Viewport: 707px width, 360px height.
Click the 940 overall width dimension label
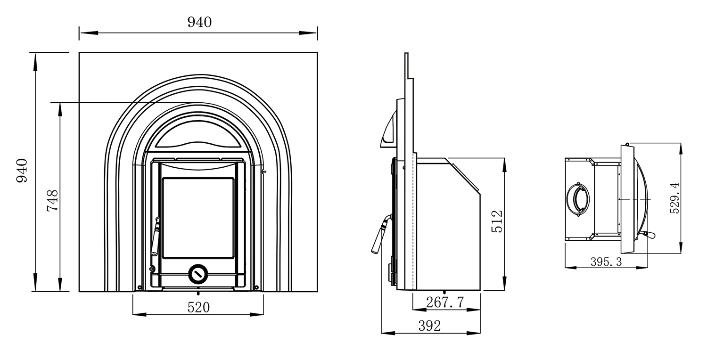coord(199,22)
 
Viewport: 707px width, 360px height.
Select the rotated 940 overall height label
coord(22,171)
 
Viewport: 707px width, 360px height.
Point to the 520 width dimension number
coord(198,307)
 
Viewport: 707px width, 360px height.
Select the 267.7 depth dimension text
coord(445,302)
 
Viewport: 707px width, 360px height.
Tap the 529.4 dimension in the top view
coord(674,198)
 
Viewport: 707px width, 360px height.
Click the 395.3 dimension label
coord(606,262)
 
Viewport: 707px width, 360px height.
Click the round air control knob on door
coord(197,273)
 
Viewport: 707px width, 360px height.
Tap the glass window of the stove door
coord(198,218)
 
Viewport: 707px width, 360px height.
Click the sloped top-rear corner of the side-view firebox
coord(464,175)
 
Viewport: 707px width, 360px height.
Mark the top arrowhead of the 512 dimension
coord(504,162)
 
